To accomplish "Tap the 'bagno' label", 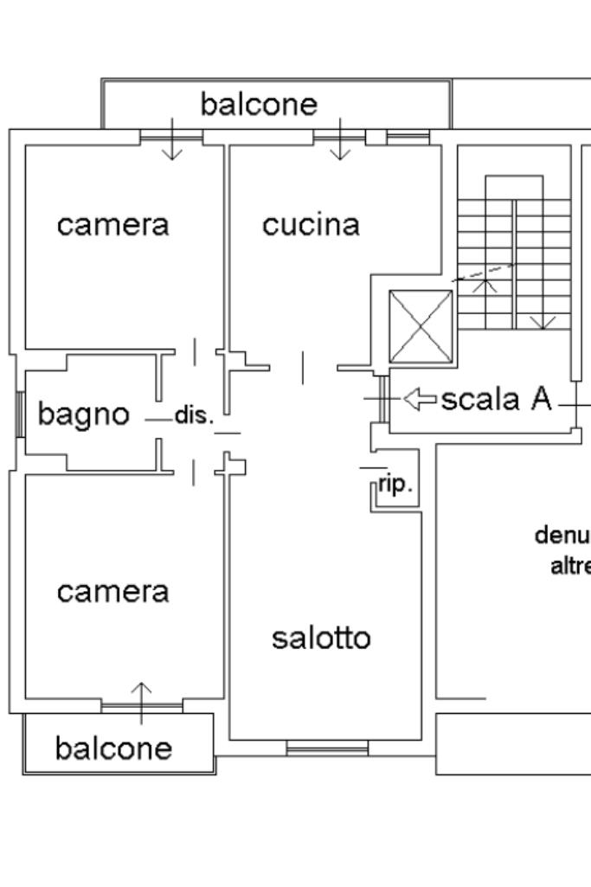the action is (x=83, y=415).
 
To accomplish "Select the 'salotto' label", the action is (x=321, y=638).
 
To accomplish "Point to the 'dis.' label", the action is (x=194, y=415).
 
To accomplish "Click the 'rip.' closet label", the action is (x=395, y=486).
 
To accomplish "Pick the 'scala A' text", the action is (x=496, y=399).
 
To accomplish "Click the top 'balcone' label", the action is (x=259, y=105).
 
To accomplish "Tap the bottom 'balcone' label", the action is (x=113, y=748).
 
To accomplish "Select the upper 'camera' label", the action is (x=113, y=225).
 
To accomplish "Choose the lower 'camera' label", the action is (x=113, y=592).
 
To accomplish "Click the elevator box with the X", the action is (x=421, y=326).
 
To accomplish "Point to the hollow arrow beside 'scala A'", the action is (x=421, y=399).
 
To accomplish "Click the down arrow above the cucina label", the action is (x=341, y=140).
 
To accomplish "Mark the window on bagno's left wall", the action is (x=19, y=415).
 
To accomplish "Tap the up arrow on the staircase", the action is (x=485, y=284).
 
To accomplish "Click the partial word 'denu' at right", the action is (x=562, y=536).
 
